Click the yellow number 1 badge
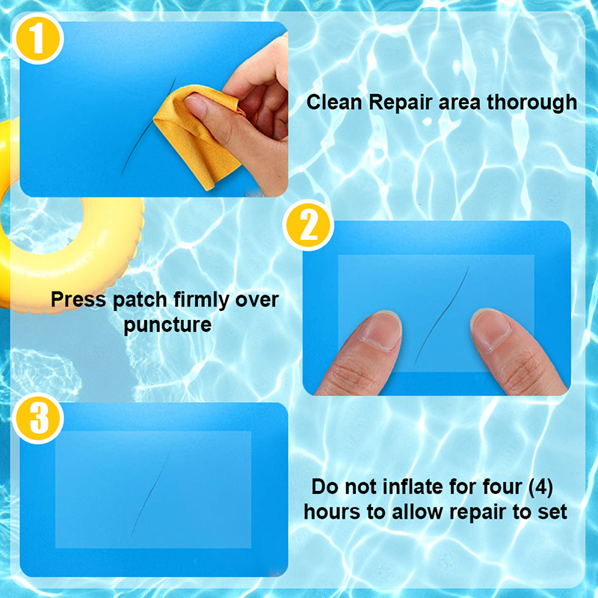pyautogui.click(x=38, y=39)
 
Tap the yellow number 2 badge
pyautogui.click(x=308, y=225)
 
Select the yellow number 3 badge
pyautogui.click(x=38, y=418)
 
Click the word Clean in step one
pyautogui.click(x=334, y=102)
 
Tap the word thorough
pyautogui.click(x=531, y=103)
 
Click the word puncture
pyautogui.click(x=167, y=325)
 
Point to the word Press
pyautogui.click(x=78, y=300)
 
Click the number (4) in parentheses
pyautogui.click(x=540, y=487)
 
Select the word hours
pyautogui.click(x=332, y=511)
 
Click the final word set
pyautogui.click(x=552, y=512)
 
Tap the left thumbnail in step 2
pyautogui.click(x=380, y=330)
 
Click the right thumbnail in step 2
pyautogui.click(x=491, y=328)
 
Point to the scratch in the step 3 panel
pyautogui.click(x=150, y=493)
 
